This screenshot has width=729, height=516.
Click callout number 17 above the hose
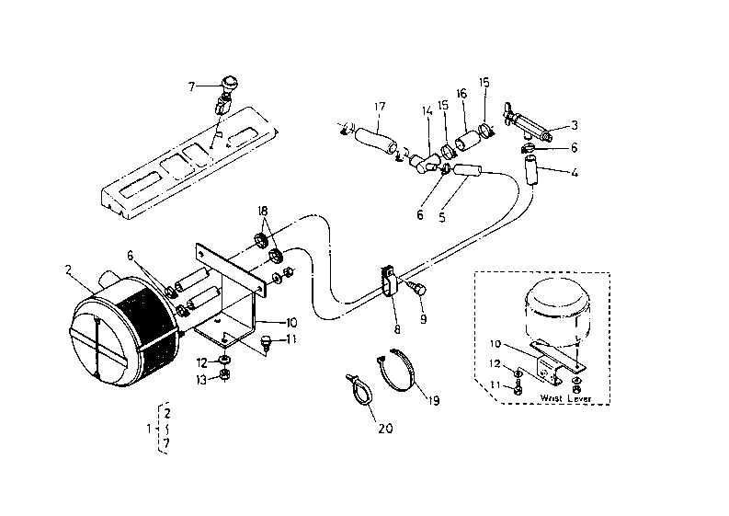click(380, 107)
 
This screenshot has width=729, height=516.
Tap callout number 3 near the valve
click(575, 125)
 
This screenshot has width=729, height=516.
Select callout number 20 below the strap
click(385, 428)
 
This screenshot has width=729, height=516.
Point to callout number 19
click(434, 400)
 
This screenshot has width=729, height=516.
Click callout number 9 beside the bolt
click(423, 320)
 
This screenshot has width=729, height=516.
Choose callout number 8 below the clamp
click(397, 329)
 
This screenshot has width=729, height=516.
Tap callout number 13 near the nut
click(200, 380)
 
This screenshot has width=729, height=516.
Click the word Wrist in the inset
click(551, 398)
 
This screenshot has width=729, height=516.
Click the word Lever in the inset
click(578, 398)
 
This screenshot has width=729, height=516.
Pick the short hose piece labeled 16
click(466, 140)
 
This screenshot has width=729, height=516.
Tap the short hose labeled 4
click(530, 171)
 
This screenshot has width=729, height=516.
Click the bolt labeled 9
click(417, 288)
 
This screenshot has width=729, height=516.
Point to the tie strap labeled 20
click(359, 390)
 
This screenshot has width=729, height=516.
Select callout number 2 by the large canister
click(68, 269)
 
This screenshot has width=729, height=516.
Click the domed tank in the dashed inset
click(557, 313)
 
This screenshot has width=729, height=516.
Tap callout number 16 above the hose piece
click(461, 94)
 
